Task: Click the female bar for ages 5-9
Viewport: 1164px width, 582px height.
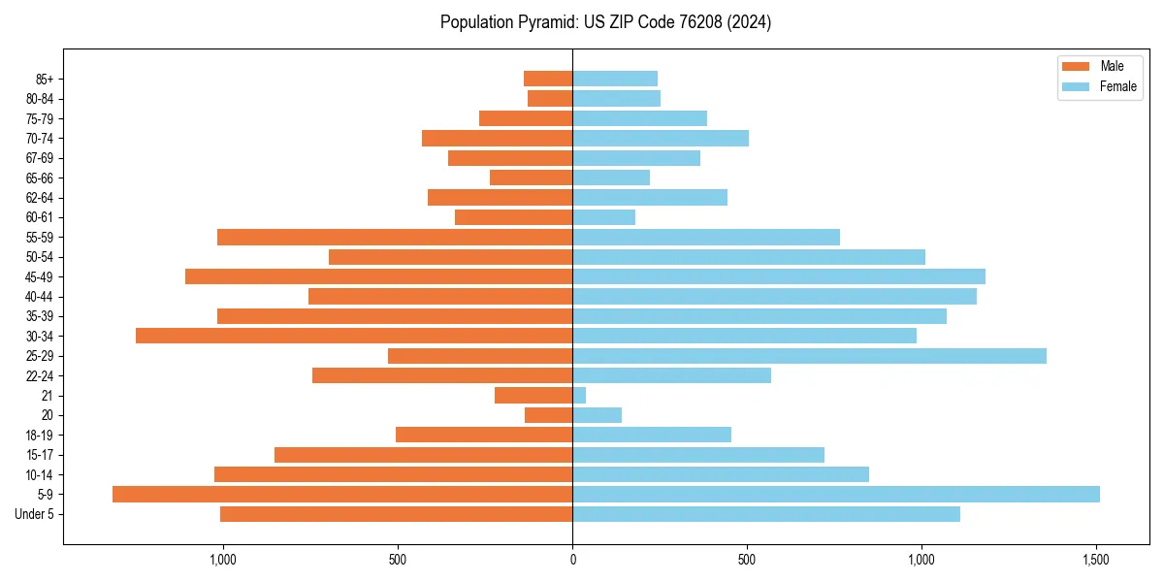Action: pos(835,494)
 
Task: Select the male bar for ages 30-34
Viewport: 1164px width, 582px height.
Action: pos(354,336)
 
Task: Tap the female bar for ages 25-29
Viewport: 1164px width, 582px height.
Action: pos(809,356)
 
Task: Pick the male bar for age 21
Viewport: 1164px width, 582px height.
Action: pos(533,396)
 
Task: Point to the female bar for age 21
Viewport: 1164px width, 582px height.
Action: pos(579,396)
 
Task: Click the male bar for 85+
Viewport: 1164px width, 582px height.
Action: pos(548,79)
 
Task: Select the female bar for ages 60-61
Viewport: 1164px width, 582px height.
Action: pos(603,217)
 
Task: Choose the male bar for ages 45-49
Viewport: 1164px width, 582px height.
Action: pos(378,276)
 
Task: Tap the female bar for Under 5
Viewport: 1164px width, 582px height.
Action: pos(766,514)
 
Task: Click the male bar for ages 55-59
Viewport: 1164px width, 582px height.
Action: pos(395,237)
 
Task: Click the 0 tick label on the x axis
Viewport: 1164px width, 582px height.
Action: pos(572,560)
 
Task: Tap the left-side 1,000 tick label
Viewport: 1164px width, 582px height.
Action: pos(223,560)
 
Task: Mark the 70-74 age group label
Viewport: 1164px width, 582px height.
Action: pos(40,139)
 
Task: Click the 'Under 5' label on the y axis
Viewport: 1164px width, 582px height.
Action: pos(35,514)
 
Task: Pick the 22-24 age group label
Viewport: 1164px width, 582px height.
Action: pos(40,376)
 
